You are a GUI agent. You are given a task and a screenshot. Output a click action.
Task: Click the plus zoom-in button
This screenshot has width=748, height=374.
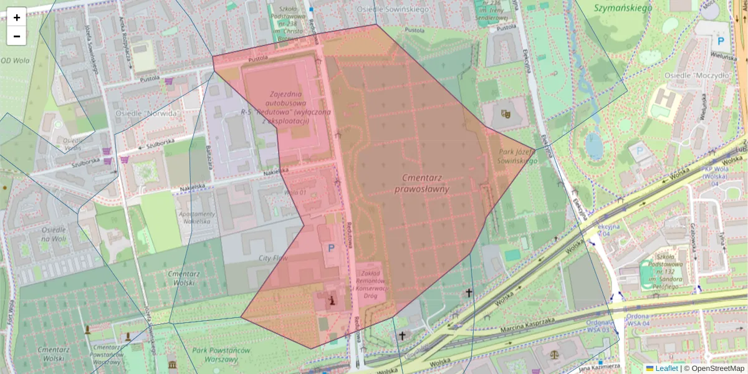tap(17, 17)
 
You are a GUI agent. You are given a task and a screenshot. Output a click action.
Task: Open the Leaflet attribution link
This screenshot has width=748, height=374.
tap(666, 368)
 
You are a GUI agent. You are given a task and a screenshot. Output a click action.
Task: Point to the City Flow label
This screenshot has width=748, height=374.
tap(273, 257)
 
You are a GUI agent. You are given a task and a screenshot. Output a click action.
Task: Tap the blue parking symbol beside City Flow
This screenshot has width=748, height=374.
tap(331, 248)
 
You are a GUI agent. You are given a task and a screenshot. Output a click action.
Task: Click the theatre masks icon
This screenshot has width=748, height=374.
tap(506, 114)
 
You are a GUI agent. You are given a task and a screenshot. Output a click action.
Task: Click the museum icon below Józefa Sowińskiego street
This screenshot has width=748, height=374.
tap(171, 363)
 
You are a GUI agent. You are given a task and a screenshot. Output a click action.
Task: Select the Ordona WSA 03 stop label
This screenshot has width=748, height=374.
tap(602, 326)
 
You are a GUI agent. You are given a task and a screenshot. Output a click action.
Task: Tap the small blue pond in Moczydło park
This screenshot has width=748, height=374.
tap(594, 146)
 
